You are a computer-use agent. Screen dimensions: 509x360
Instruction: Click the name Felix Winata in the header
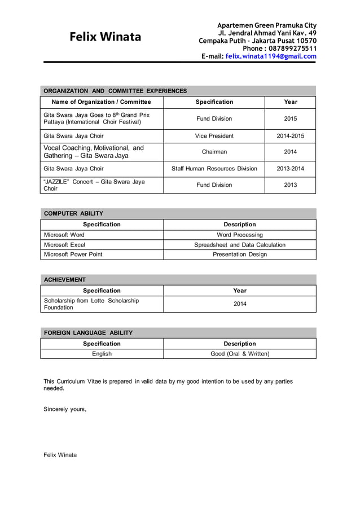pyautogui.click(x=106, y=37)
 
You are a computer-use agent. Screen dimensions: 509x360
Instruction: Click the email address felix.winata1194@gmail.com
pyautogui.click(x=271, y=56)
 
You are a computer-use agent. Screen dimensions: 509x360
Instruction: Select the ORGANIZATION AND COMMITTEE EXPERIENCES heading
pyautogui.click(x=115, y=91)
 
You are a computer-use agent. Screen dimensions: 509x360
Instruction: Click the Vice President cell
pyautogui.click(x=214, y=136)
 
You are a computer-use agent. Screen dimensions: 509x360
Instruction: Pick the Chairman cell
pyautogui.click(x=214, y=152)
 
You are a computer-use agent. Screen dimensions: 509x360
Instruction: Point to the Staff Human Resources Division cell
pyautogui.click(x=214, y=169)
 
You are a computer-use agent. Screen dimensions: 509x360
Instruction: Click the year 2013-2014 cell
pyautogui.click(x=290, y=169)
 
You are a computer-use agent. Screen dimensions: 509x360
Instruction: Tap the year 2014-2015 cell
pyautogui.click(x=290, y=136)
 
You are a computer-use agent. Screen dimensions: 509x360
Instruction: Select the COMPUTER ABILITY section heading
pyautogui.click(x=73, y=213)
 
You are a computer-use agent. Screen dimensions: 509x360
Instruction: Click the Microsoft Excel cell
pyautogui.click(x=65, y=245)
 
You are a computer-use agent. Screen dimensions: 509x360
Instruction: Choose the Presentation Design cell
pyautogui.click(x=240, y=254)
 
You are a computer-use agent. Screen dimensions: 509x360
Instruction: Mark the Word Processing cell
pyautogui.click(x=240, y=235)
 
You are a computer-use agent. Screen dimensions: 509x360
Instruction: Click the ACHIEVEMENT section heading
pyautogui.click(x=65, y=279)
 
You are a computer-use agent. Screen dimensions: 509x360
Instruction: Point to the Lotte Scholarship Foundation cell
pyautogui.click(x=91, y=304)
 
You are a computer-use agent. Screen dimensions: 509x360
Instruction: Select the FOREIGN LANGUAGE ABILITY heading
pyautogui.click(x=88, y=333)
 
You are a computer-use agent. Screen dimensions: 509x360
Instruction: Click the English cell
pyautogui.click(x=102, y=354)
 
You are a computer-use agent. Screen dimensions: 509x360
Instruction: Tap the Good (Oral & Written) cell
pyautogui.click(x=240, y=354)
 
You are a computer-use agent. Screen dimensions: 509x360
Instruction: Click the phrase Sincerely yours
pyautogui.click(x=65, y=409)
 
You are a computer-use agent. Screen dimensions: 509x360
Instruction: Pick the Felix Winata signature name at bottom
pyautogui.click(x=60, y=455)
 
